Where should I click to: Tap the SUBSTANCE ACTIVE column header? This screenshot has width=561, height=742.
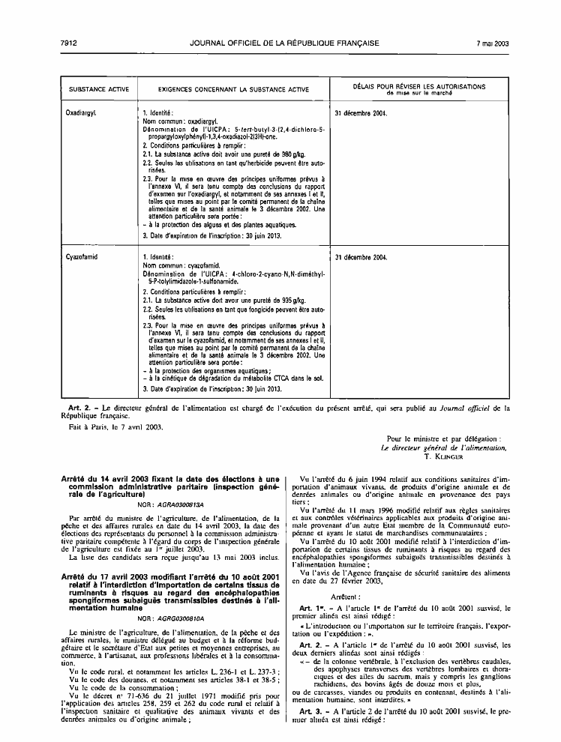(98, 89)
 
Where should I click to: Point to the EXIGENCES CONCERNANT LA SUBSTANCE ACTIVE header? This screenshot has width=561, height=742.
(233, 89)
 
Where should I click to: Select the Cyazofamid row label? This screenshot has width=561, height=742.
(85, 257)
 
